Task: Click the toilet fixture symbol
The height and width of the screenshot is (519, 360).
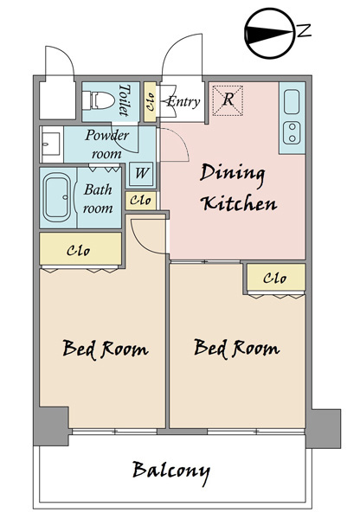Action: (x=98, y=100)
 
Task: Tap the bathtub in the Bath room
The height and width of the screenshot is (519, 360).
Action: (x=57, y=197)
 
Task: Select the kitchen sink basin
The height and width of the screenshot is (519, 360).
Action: (x=292, y=101)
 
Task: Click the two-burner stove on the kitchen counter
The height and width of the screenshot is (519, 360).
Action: (x=292, y=132)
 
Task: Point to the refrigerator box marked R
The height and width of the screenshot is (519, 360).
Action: (x=228, y=100)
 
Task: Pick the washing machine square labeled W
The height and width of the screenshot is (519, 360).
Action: (x=141, y=173)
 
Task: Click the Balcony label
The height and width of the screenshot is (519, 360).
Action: (x=171, y=471)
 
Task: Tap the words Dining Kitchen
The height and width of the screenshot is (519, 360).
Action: (x=237, y=188)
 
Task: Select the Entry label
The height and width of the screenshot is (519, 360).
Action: (x=183, y=101)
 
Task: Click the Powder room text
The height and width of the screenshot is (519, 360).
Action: (x=106, y=144)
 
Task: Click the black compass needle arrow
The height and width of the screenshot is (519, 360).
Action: (x=269, y=34)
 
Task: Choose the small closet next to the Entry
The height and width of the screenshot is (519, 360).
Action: (x=150, y=101)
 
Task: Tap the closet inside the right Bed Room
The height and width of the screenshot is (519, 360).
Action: (x=276, y=278)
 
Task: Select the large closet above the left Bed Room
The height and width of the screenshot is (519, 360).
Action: (x=80, y=248)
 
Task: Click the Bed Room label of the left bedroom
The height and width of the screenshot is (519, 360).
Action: (x=106, y=349)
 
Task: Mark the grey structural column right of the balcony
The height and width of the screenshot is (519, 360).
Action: (x=324, y=429)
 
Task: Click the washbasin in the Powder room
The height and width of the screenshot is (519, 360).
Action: (x=50, y=144)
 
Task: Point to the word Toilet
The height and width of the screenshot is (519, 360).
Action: (x=125, y=100)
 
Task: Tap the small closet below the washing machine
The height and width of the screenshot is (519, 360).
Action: (x=140, y=201)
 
